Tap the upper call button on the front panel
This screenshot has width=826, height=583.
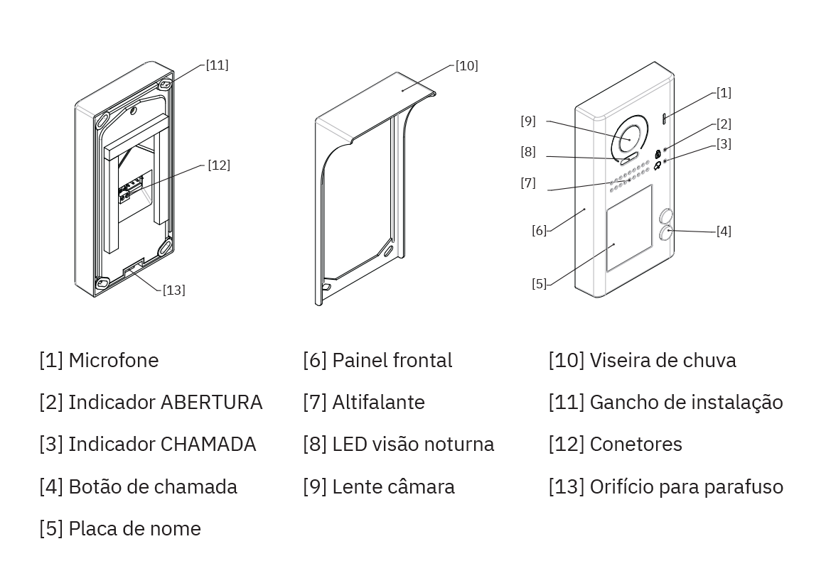coord(667,216)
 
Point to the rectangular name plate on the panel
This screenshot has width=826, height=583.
coord(629,229)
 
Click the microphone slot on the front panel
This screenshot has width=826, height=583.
coord(665,119)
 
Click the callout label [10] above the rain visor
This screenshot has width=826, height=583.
coord(466,66)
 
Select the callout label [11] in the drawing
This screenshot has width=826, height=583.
coord(217,65)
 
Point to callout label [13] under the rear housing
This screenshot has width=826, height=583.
coord(173,290)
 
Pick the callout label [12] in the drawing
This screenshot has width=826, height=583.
coord(218,165)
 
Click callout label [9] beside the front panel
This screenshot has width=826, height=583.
coord(527,121)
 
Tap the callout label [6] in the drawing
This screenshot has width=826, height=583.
coord(539,230)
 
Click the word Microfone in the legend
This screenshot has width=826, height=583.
coord(114,360)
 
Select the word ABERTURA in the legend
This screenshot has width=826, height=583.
coord(211,402)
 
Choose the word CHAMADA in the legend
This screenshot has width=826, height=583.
coord(208,445)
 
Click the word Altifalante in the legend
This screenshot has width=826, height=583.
coord(378,402)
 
